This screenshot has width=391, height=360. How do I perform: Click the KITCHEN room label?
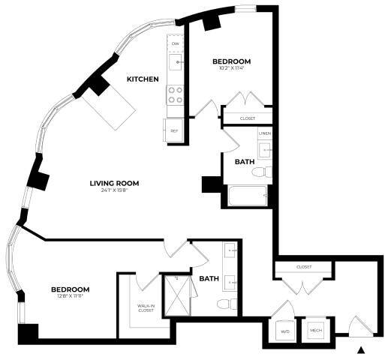(142, 79)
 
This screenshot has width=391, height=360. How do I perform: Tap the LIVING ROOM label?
(115, 183)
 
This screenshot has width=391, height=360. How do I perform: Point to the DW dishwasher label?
(175, 44)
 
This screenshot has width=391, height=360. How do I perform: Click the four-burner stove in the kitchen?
(175, 94)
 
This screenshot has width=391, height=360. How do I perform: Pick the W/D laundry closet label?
(284, 331)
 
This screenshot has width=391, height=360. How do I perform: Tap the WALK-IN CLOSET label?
(146, 307)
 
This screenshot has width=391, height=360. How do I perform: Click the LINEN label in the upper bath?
(264, 133)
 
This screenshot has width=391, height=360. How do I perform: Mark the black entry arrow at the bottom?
(362, 349)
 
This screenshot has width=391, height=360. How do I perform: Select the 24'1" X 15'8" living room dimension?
(115, 191)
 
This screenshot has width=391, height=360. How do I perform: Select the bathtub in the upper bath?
(248, 196)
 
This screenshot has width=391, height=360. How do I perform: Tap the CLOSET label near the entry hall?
(304, 266)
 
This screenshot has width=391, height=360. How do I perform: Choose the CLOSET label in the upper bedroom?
(247, 118)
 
